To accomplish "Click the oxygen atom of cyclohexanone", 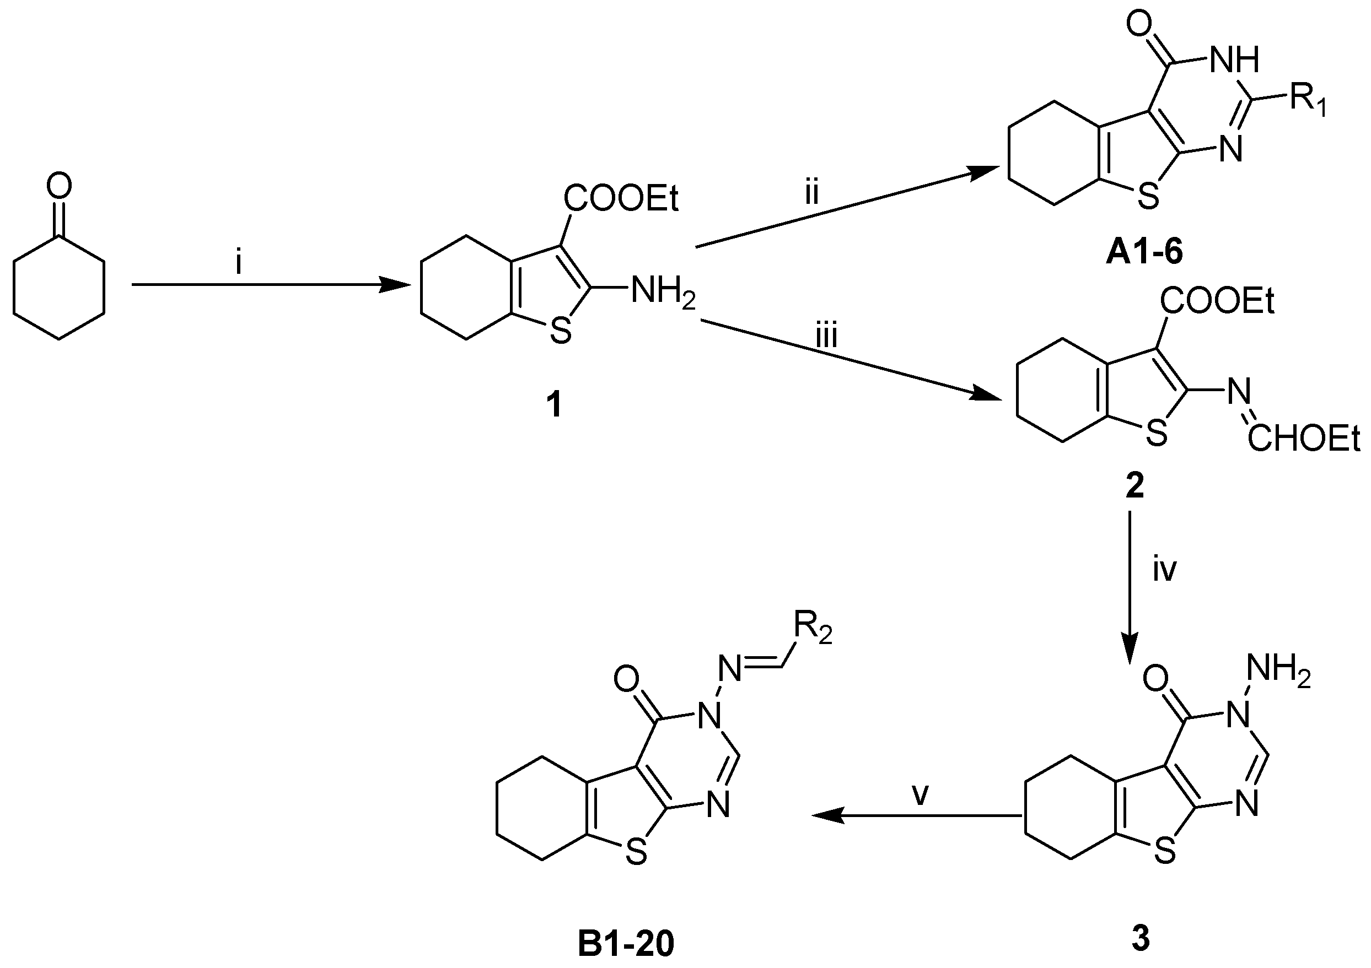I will point(58,186).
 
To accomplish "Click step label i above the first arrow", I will point(239,262).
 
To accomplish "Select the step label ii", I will point(811,193).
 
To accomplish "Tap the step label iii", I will point(826,336).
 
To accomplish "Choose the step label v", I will point(920,794).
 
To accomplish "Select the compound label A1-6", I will point(1143,253).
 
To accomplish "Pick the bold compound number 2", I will point(1134,486).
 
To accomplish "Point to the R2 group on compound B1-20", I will point(813,629).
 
